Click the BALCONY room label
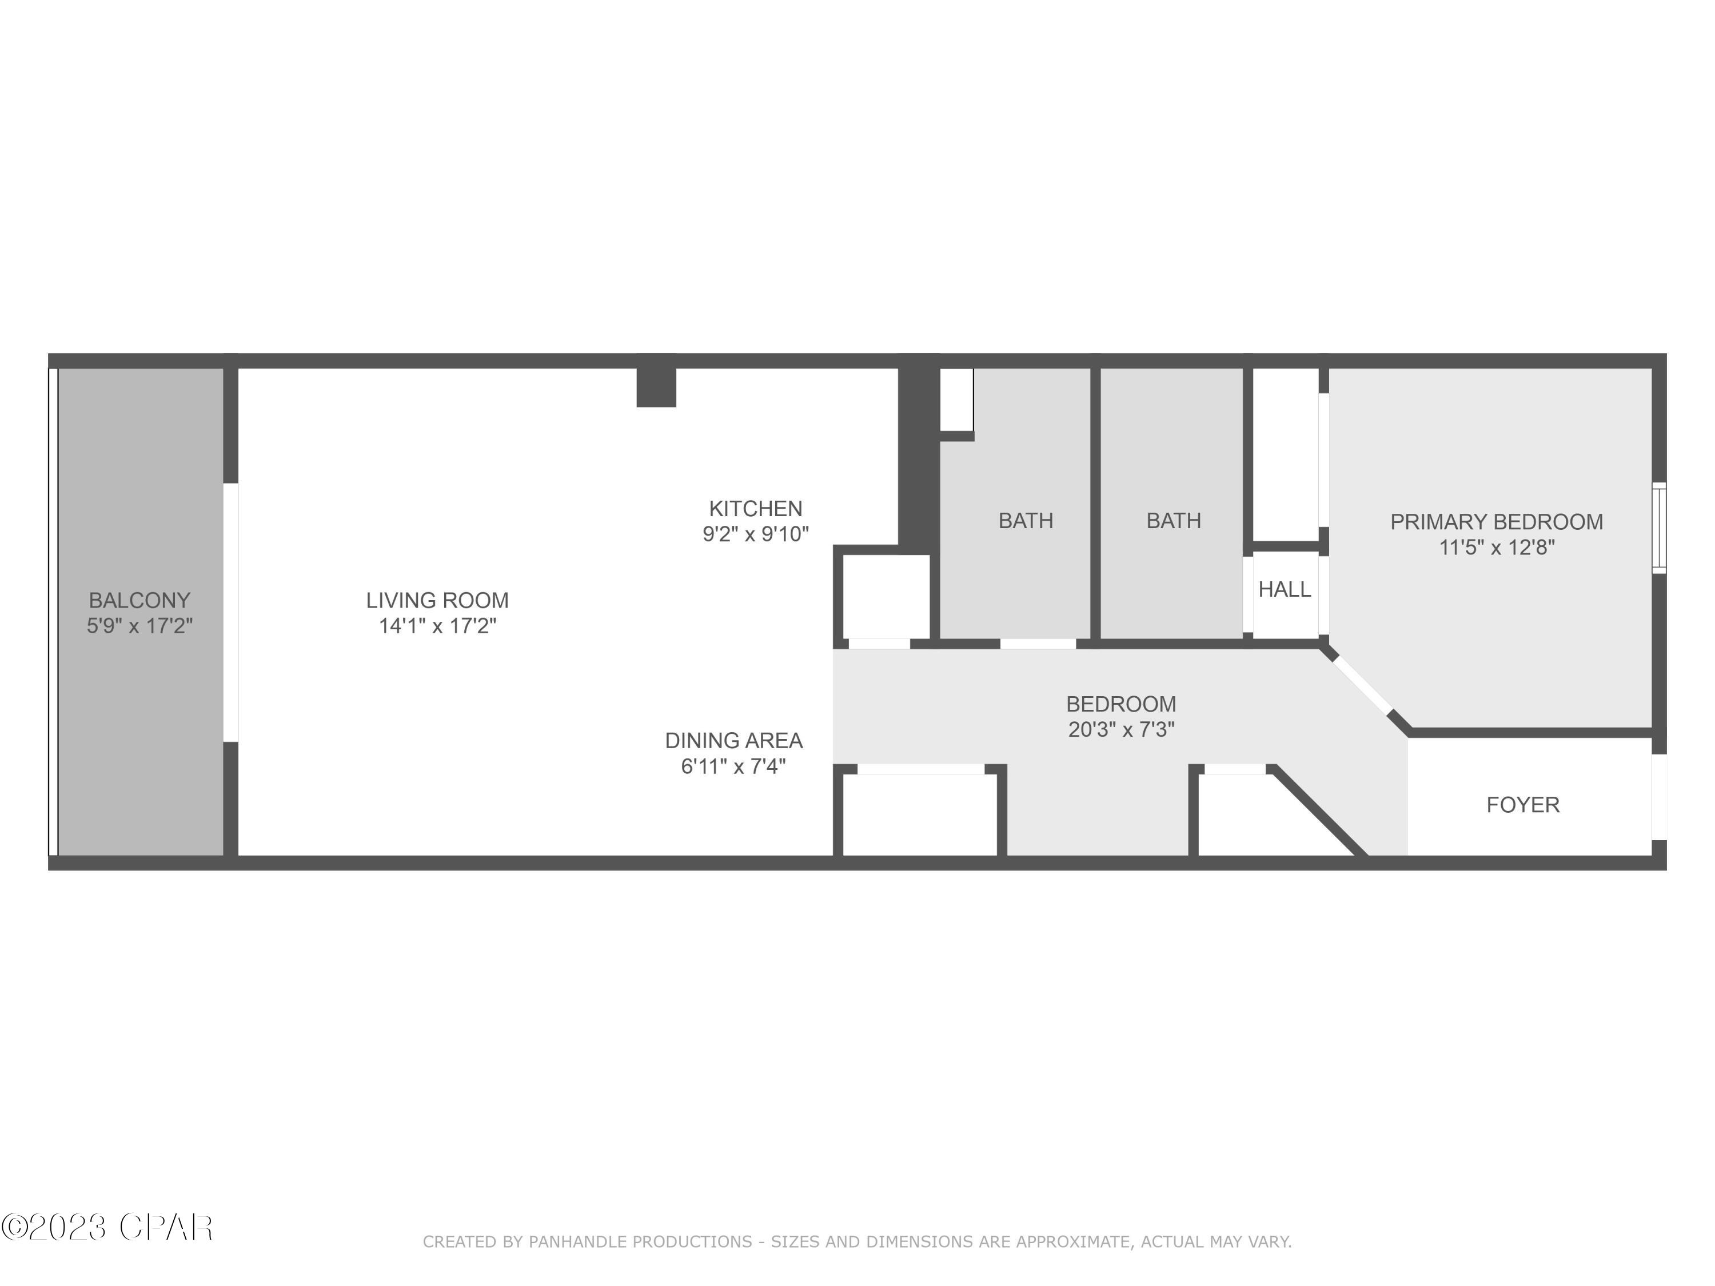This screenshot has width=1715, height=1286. tap(139, 600)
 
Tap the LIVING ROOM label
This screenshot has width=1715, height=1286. tap(437, 600)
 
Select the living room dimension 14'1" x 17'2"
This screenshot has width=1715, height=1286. tap(437, 625)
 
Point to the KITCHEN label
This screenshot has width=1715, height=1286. tap(755, 509)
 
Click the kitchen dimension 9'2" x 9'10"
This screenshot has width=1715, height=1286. tap(755, 534)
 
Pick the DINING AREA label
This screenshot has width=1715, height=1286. tap(733, 740)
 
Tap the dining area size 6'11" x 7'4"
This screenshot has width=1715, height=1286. tap(733, 766)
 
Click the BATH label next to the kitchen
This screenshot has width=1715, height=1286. tap(1025, 520)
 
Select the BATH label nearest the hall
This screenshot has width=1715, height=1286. tap(1173, 520)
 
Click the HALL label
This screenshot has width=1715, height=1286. tap(1284, 589)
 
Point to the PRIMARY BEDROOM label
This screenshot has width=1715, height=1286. tap(1495, 522)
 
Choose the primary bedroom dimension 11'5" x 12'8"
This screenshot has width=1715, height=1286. tap(1495, 548)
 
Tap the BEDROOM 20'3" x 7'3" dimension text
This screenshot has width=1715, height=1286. tap(1121, 729)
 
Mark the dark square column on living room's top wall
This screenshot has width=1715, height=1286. tap(656, 386)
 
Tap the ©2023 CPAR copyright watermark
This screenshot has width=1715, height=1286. tap(107, 1227)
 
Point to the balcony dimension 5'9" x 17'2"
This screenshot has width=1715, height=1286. tap(139, 625)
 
